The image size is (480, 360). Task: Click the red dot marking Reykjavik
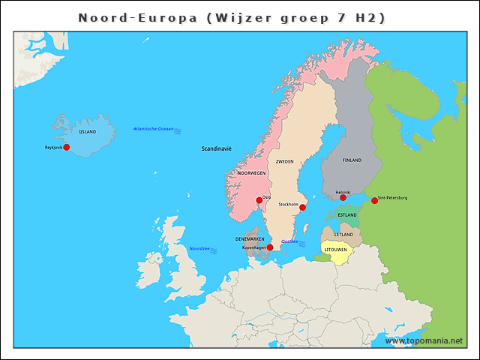66,148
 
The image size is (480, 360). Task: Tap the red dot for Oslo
259,199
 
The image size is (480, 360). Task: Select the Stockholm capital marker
303,208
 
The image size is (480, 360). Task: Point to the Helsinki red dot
343,197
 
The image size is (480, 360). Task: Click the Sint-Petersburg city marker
374,200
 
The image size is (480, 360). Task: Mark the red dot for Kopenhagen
270,247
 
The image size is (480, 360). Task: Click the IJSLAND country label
88,131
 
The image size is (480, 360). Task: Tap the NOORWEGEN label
252,172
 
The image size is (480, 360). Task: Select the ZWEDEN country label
284,161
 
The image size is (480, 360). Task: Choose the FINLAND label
352,160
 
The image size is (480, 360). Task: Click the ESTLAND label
347,215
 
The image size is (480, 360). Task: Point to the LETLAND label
343,235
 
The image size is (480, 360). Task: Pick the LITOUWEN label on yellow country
334,249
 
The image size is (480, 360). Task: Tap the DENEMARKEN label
250,239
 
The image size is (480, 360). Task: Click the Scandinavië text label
217,148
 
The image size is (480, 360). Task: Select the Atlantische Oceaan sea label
153,129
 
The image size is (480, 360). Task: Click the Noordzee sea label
199,248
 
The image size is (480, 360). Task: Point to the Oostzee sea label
289,241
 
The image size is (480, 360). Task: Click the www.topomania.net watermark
424,340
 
